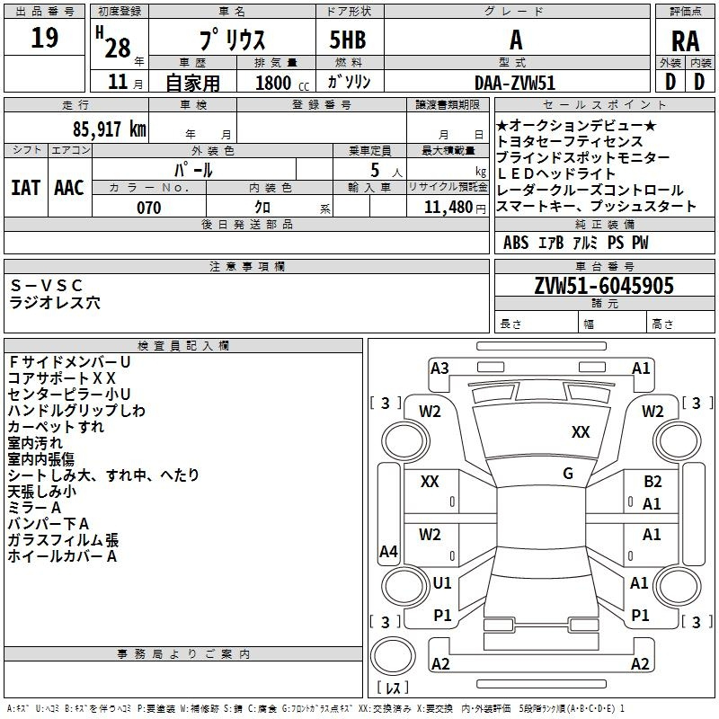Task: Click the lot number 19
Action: pos(44,38)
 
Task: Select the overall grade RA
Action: pos(685,41)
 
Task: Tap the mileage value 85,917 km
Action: pos(109,129)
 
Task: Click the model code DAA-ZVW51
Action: pos(515,83)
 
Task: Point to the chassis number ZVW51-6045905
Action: pos(604,285)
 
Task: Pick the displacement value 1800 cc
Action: pos(282,83)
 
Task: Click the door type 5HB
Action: pos(348,40)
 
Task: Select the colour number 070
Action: pos(149,208)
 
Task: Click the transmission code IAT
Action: pos(26,188)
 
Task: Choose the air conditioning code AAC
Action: pos(69,188)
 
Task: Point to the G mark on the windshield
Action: pos(568,473)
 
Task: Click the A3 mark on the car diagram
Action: pos(439,368)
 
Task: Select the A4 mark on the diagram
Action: pos(388,551)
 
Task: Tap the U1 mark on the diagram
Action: pos(442,582)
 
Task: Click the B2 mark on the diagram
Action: pos(652,481)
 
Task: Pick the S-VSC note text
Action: pos(47,285)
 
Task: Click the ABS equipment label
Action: pos(516,243)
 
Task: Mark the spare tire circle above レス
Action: pos(393,656)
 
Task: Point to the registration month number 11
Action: pos(118,82)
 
